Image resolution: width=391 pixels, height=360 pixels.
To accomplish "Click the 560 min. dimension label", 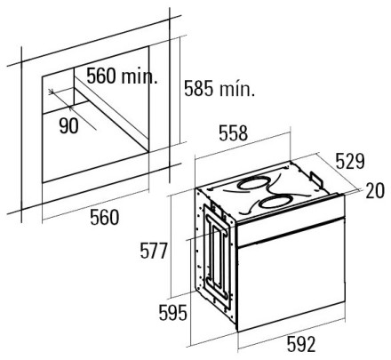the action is tap(122, 76).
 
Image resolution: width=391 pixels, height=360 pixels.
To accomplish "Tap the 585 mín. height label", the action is tap(219, 88).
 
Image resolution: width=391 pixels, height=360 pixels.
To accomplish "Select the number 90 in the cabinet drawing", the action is tap(68, 125).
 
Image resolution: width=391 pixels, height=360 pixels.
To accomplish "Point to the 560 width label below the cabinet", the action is tap(105, 217).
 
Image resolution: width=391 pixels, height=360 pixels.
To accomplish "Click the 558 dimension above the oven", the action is tap(233, 133).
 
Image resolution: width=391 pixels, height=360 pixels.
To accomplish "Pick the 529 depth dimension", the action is tap(350, 162).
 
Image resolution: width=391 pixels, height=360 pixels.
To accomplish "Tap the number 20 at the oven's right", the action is tap(375, 190).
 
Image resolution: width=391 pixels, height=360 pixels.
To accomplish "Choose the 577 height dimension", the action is tap(154, 251).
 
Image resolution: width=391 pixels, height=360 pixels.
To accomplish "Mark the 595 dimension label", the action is tap(173, 313).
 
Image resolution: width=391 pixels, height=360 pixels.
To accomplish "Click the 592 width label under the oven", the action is tap(301, 345).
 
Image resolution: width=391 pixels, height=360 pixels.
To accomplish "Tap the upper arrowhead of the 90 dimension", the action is tap(52, 92).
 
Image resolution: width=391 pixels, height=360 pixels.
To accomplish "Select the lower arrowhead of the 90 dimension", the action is tap(70, 108).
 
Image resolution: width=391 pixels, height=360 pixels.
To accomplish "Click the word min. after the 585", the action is tap(237, 89).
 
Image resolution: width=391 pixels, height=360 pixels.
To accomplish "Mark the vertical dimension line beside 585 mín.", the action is tap(180, 90).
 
